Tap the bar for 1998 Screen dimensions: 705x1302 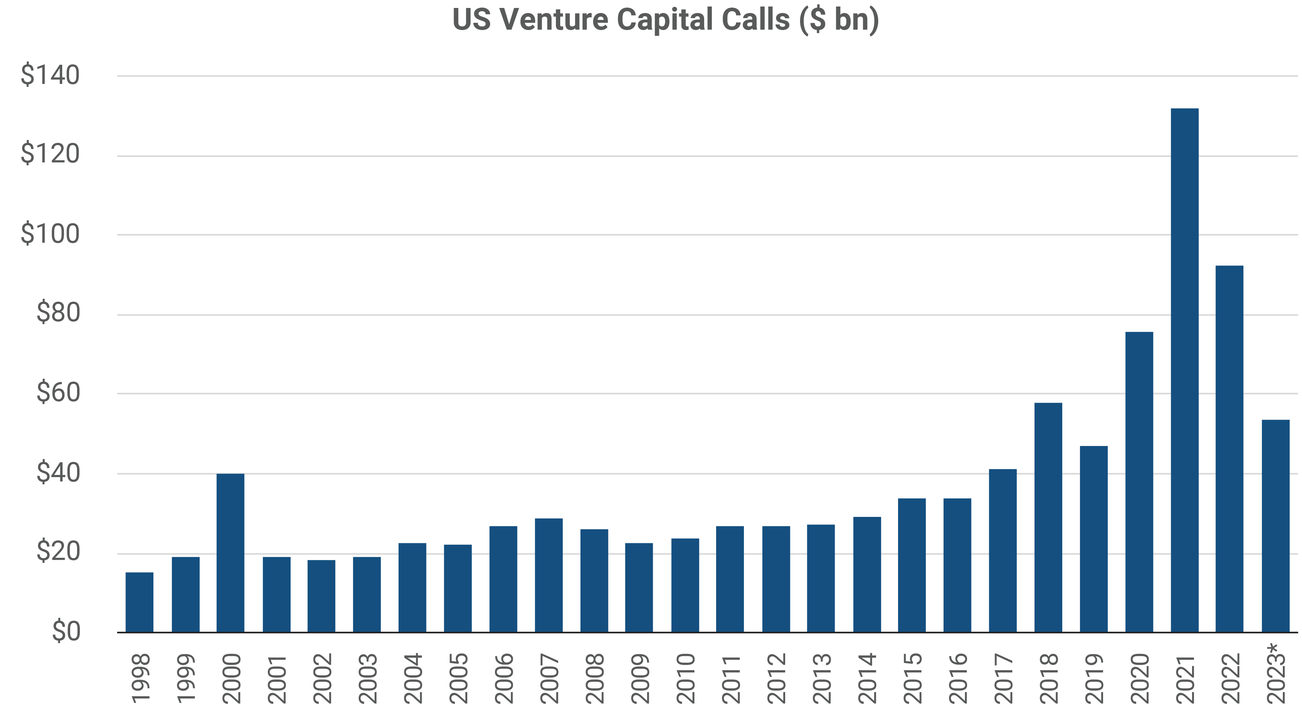[x=140, y=602]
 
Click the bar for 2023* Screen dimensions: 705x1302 [x=1276, y=526]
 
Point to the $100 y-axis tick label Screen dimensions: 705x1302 [x=50, y=234]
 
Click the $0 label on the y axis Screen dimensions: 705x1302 [x=66, y=632]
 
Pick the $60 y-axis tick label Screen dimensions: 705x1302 [x=58, y=393]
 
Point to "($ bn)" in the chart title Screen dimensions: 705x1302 [x=839, y=20]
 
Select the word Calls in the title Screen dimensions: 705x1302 [x=755, y=20]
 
